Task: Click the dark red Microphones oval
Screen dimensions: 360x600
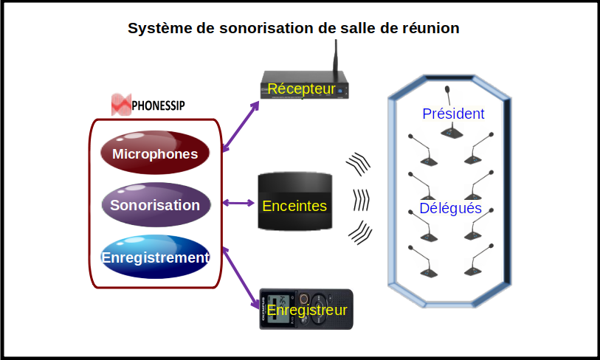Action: (155, 153)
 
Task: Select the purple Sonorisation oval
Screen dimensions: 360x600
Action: (155, 205)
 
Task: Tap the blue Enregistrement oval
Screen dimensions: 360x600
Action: (155, 257)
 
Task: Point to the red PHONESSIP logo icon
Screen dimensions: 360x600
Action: (120, 105)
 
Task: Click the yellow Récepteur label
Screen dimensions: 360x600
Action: (301, 89)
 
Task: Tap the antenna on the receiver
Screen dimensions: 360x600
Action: (334, 59)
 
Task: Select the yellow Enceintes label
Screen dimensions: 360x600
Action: (294, 205)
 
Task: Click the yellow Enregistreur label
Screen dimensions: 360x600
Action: (307, 311)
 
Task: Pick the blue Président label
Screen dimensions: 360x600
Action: (453, 114)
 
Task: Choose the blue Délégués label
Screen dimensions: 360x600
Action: (450, 209)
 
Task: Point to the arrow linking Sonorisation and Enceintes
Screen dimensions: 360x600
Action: (238, 203)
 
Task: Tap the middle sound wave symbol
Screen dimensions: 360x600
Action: (360, 200)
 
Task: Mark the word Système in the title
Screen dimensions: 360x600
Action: (156, 28)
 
